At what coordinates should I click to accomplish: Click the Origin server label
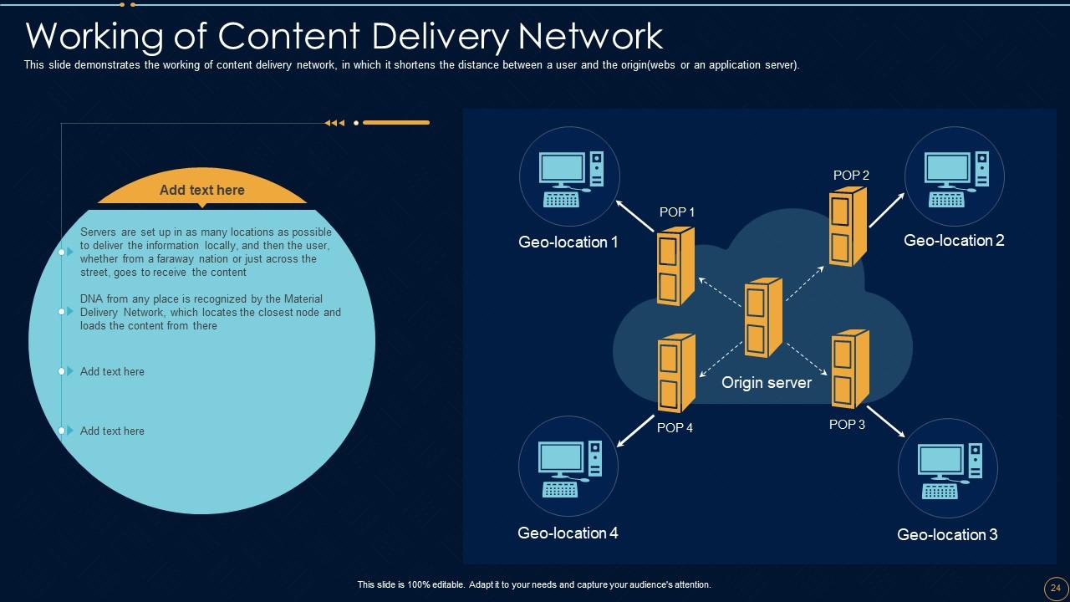click(767, 383)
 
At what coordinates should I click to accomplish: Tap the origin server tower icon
click(763, 318)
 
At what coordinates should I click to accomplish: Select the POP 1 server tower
click(675, 266)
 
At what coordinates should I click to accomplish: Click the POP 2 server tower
click(847, 227)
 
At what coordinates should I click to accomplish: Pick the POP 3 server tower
click(850, 369)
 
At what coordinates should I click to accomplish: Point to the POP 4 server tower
click(675, 373)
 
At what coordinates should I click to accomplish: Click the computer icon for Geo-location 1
click(570, 178)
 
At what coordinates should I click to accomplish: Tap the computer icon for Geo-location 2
click(955, 178)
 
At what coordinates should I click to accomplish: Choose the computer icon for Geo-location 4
click(569, 469)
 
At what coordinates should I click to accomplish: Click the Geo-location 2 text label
click(954, 241)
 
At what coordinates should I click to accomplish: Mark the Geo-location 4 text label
click(568, 533)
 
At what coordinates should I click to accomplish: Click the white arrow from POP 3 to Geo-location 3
click(886, 421)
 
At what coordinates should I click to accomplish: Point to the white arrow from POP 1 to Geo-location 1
click(635, 215)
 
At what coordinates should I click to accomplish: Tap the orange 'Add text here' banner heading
click(202, 191)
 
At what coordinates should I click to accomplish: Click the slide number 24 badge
click(1055, 588)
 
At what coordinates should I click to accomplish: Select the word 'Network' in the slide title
click(590, 36)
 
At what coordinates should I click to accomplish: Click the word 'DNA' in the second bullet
click(92, 299)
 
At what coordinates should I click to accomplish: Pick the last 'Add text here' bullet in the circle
click(112, 431)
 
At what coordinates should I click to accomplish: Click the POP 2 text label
click(851, 176)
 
